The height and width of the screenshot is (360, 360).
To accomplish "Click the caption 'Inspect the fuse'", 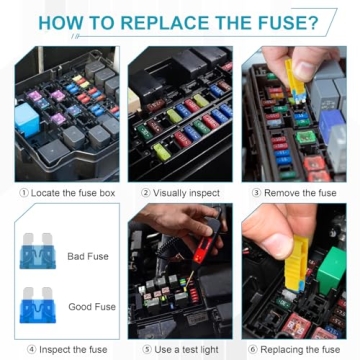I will (x=67, y=349).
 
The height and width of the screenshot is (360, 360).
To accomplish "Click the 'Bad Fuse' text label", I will (x=88, y=257).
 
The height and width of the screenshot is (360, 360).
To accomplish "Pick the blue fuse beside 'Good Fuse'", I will (x=38, y=306).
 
